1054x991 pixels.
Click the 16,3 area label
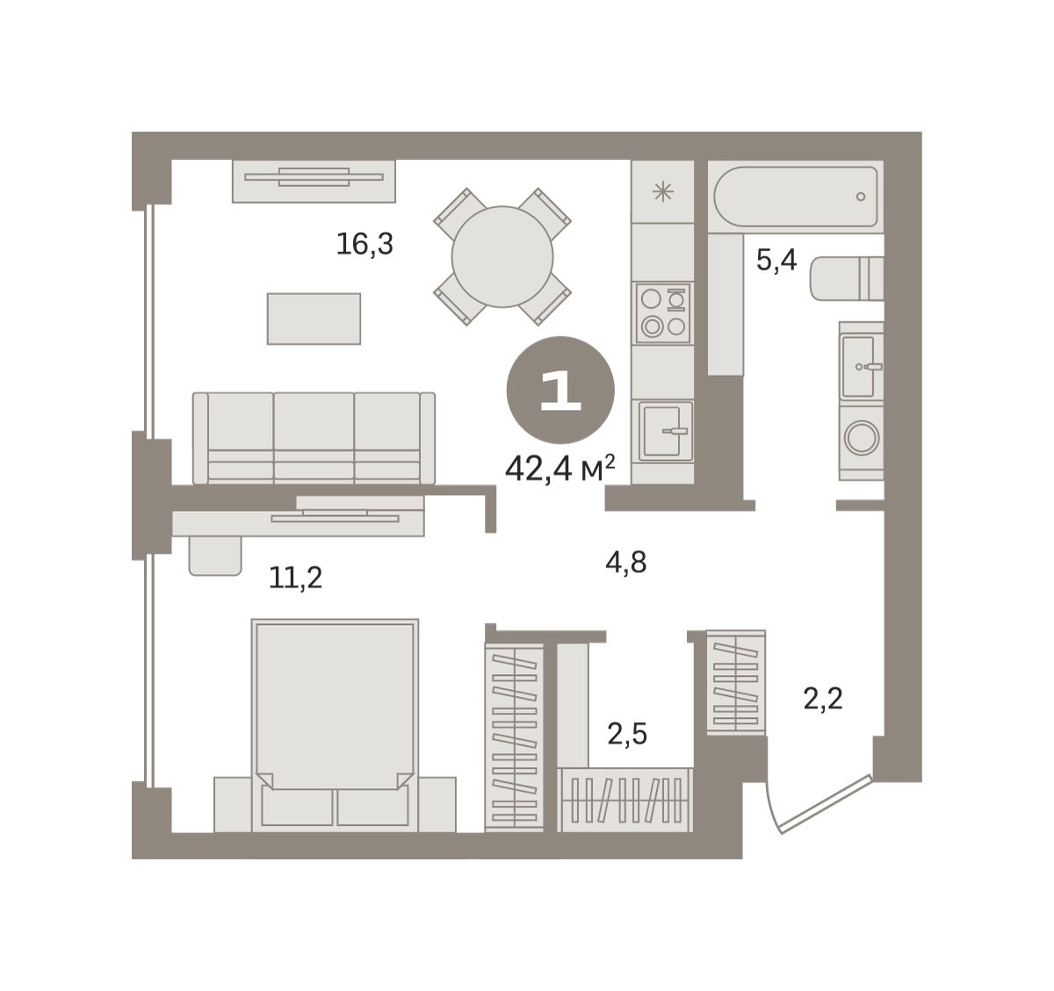pos(365,244)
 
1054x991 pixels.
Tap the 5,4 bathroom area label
pos(776,260)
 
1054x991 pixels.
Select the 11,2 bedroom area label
pos(296,578)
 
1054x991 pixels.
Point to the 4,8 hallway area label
pos(625,563)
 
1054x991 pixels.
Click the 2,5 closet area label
pos(627,735)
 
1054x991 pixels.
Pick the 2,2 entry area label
pos(823,699)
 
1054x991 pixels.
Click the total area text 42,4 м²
pos(559,469)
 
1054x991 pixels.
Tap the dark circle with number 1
pos(560,390)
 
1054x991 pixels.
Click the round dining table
pos(502,257)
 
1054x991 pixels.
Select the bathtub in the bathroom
pos(796,197)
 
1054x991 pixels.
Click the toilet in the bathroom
pos(847,278)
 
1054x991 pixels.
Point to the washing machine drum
pos(862,438)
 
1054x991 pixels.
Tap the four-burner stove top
pos(663,313)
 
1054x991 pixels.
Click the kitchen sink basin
pos(660,431)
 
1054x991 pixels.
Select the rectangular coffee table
pos(314,319)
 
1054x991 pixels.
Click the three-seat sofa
pos(314,438)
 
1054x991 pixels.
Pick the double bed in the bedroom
pos(335,725)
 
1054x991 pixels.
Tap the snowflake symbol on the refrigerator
pos(663,191)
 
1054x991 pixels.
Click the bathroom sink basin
pos(857,367)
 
